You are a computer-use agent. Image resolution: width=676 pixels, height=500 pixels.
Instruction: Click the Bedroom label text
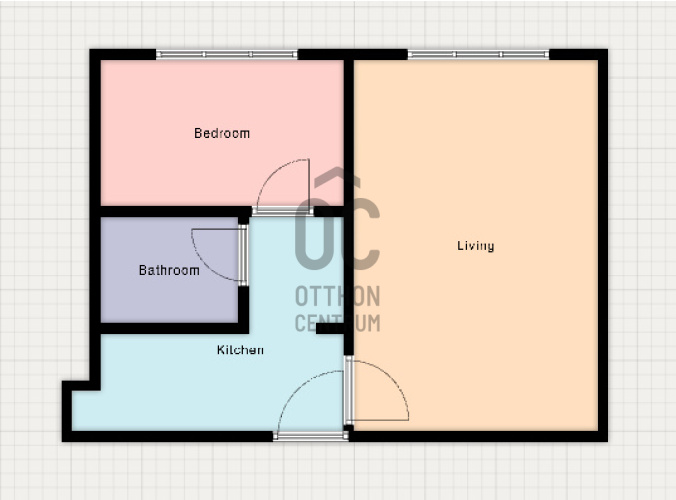pos(222,133)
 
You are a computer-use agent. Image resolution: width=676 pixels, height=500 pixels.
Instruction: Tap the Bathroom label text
pos(169,270)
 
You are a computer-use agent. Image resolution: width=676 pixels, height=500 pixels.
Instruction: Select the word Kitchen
pos(240,350)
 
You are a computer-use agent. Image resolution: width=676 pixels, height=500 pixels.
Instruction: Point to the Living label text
pos(476,246)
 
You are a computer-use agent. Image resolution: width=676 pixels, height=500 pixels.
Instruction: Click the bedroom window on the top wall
pos(227,54)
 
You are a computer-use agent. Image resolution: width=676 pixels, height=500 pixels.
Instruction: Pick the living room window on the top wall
pos(478,54)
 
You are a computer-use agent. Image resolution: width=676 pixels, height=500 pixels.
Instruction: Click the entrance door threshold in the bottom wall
pos(311,436)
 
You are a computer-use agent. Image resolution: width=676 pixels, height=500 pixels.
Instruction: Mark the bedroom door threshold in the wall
pos(283,211)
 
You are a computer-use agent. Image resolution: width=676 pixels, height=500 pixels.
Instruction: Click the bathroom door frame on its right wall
pos(243,255)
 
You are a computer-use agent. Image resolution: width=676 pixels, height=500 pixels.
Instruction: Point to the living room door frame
pos(349,390)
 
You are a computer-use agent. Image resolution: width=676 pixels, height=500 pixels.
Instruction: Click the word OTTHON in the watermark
pos(338,296)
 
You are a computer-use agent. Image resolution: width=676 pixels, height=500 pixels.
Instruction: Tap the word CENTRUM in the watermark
pos(338,323)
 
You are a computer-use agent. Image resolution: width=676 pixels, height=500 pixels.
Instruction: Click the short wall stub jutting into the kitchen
pos(330,328)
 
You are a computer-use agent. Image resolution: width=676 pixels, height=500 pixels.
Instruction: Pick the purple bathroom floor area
pos(169,270)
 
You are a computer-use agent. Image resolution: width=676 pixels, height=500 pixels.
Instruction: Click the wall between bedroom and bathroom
pos(171,212)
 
